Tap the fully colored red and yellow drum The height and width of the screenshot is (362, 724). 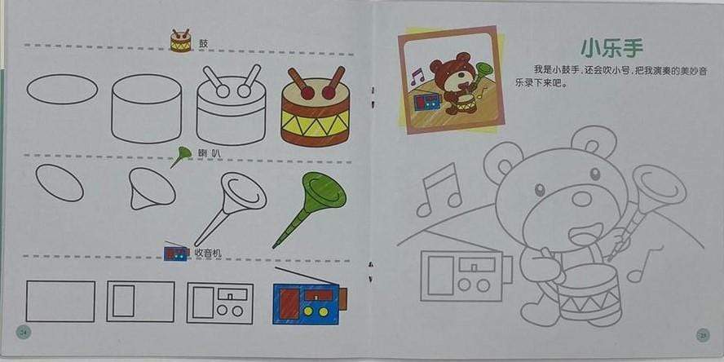click(x=316, y=108)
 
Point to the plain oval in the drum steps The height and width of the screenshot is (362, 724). click(x=62, y=88)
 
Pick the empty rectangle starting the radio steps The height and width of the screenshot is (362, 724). click(x=60, y=301)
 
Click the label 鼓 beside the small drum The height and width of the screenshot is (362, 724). click(x=203, y=42)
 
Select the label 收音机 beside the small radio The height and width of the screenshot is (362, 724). click(x=206, y=253)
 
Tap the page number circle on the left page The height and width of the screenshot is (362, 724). click(x=23, y=331)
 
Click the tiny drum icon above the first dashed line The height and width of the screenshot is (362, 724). click(x=180, y=41)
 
